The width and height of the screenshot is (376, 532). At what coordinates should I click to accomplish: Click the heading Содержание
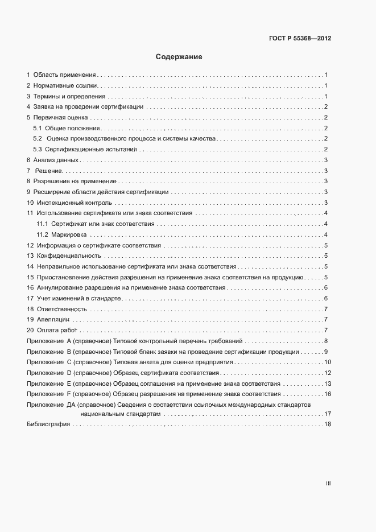[x=179, y=57]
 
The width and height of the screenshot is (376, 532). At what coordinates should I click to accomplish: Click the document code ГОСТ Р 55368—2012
[x=299, y=39]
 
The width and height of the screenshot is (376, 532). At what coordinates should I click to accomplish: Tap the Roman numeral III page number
[x=328, y=484]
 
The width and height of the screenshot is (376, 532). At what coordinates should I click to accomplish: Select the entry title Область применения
[x=64, y=75]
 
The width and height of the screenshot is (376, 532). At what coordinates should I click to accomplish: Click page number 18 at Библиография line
[x=327, y=425]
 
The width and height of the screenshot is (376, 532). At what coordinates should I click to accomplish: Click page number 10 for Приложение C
[x=327, y=362]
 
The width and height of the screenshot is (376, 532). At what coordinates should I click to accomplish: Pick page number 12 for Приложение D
[x=327, y=373]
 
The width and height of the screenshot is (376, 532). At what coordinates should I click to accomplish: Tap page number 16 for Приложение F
[x=327, y=394]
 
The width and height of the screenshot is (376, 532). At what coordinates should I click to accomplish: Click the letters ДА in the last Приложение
[x=71, y=404]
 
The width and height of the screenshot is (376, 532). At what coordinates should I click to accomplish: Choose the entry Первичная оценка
[x=57, y=117]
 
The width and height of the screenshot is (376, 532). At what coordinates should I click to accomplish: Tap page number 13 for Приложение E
[x=327, y=383]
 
